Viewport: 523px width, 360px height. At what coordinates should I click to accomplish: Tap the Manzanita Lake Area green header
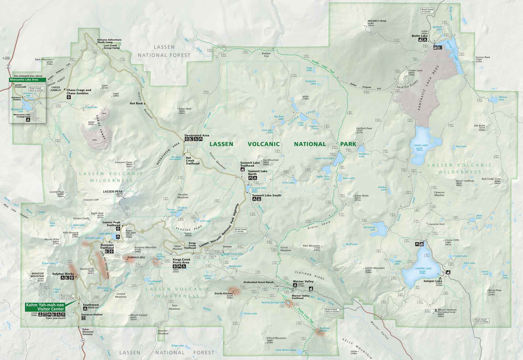27,79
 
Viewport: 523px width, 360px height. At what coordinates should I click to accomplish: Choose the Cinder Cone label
415,71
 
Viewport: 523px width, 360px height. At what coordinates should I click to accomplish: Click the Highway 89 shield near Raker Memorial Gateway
83,340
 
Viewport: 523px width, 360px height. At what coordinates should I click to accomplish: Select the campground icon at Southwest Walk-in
85,309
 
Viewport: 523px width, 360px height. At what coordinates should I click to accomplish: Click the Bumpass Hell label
136,258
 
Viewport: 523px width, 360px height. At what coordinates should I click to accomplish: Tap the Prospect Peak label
377,21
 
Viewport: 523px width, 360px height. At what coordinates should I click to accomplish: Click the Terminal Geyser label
325,329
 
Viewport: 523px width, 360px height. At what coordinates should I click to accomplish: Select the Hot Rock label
136,103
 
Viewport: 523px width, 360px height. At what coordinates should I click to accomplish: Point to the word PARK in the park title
348,144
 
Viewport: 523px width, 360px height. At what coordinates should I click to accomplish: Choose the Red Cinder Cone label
491,179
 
